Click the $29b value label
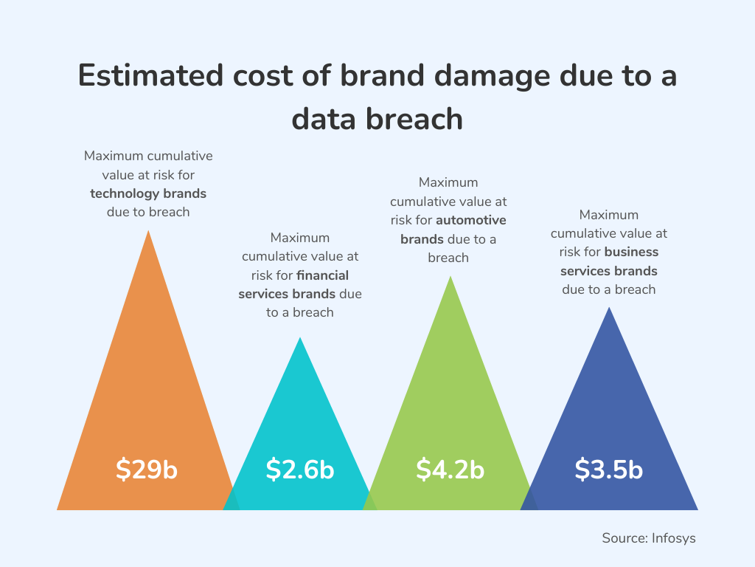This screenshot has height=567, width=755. click(147, 470)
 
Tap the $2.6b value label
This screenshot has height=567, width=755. click(300, 470)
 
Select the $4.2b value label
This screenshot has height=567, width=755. click(450, 470)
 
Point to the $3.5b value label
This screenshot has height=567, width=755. click(609, 470)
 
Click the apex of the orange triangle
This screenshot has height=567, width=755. click(149, 232)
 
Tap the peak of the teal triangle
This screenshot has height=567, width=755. click(300, 339)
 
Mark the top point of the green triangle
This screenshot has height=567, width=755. click(450, 278)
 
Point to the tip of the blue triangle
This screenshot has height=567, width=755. click(609, 309)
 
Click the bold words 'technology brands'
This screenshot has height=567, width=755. click(148, 193)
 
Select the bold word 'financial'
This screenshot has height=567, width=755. click(322, 275)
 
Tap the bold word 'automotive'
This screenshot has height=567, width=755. click(471, 220)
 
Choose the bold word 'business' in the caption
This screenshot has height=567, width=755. click(631, 252)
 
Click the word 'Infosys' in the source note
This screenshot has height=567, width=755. click(673, 538)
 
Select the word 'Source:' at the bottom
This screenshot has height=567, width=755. click(624, 538)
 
